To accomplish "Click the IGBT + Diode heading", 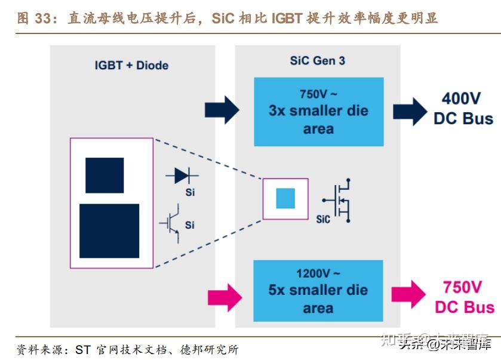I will pos(131,65).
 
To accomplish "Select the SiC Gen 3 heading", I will pos(317,61).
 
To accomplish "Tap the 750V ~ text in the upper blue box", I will pos(319,94).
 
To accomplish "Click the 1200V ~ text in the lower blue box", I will pos(318,274).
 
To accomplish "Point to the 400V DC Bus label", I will pos(463,108).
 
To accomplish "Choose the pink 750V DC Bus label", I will pos(464,297).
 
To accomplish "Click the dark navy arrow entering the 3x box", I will pos(222,110).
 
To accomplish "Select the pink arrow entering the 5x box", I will pos(223,296).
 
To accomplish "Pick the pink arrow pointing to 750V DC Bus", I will pos(408,294).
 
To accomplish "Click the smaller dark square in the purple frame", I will pos(104,176).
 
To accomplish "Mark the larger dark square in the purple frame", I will pos(109,231).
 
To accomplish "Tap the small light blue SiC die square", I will pos(285,198).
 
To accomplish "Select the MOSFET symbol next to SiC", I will pos(339,200).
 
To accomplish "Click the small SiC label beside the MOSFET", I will pos(323,219).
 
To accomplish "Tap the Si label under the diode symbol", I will pos(190,192).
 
